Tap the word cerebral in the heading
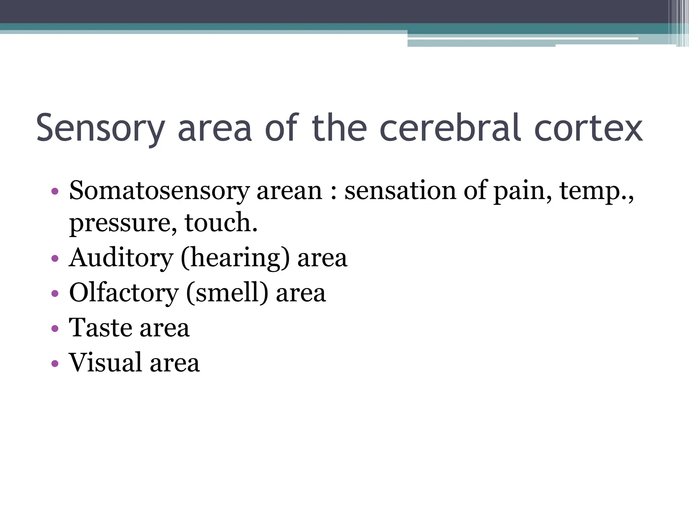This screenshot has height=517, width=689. click(x=451, y=128)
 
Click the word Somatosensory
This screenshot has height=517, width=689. click(x=159, y=191)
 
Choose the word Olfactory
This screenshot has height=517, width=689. click(x=124, y=293)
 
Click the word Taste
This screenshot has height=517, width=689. click(x=100, y=328)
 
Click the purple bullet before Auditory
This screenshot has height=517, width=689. click(x=55, y=259)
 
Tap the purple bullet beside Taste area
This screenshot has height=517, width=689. click(x=55, y=328)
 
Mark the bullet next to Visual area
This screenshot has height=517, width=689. click(x=55, y=363)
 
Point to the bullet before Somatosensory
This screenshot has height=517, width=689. click(x=55, y=192)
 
